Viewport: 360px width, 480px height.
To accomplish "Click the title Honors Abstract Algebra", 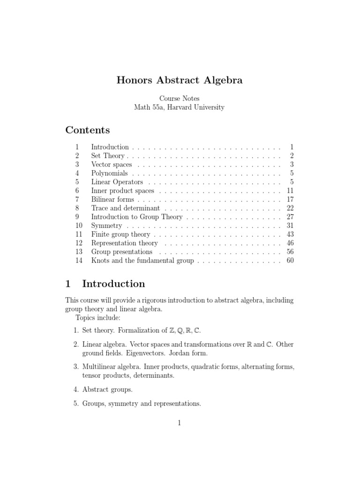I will pos(180,80).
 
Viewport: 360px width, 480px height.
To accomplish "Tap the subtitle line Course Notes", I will pos(180,98).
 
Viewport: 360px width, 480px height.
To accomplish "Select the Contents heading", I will pos(88,130).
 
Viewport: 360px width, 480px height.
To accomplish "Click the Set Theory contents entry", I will pos(108,156).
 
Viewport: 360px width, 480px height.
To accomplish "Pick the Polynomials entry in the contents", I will pos(109,173).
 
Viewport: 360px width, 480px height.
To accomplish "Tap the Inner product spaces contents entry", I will pos(122,191).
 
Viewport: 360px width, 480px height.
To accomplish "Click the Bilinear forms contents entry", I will pos(112,199).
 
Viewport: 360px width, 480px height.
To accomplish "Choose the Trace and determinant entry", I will pos(125,208).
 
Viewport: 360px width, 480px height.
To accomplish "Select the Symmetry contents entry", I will pos(106,225).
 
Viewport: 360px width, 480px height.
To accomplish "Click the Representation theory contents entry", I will pos(124,243).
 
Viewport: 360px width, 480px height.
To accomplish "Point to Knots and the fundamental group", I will pos(142,261).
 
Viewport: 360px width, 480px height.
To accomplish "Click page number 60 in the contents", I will pos(290,261).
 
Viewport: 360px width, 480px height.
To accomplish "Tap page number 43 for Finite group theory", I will pos(290,234).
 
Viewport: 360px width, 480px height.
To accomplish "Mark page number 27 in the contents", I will pos(290,217).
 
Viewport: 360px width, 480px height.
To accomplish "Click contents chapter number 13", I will pos(78,252).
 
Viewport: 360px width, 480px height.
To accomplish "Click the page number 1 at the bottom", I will pos(179,422).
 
